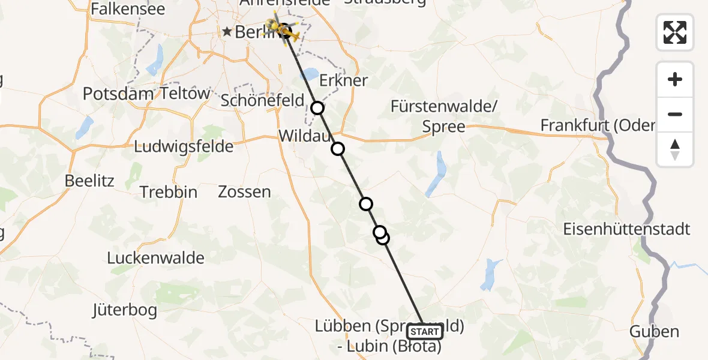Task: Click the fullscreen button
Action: point(675,32)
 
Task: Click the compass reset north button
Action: point(675,149)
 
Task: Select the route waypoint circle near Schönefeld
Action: point(317,108)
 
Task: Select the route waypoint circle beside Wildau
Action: point(338,149)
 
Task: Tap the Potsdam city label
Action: point(119,94)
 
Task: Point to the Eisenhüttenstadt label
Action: point(626,229)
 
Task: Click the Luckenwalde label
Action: point(156,258)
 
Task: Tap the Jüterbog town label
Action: point(125,310)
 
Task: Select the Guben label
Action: point(654,331)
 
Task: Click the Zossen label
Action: point(244,192)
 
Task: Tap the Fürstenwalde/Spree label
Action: point(444,117)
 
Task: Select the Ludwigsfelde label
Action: point(184,146)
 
